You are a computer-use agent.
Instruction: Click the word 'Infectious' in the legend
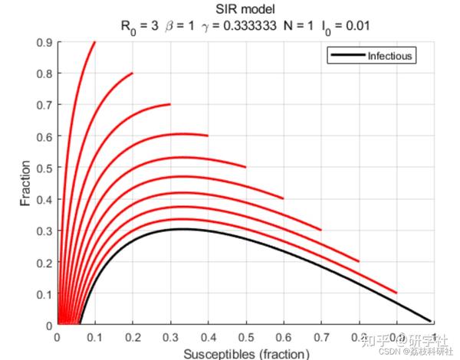390,56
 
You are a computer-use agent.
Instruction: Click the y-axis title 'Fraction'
27,182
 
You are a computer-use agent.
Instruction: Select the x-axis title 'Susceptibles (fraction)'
246,352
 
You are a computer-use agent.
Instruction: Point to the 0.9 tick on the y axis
44,43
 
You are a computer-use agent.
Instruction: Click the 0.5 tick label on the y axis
44,167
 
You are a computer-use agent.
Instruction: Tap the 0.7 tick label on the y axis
44,105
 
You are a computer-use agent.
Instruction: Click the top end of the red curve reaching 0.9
94,43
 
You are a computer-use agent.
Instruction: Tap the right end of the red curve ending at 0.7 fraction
169,103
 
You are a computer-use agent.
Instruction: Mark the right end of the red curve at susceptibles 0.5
245,166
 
